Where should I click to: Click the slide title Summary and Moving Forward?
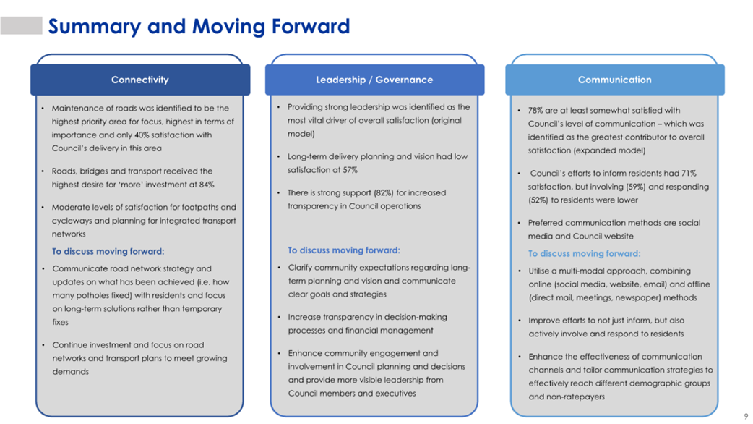pos(199,27)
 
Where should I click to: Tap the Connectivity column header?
pos(139,80)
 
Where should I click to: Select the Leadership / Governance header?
pos(374,80)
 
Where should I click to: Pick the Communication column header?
pos(615,80)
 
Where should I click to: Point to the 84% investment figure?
pos(207,185)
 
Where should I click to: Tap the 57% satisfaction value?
pos(350,170)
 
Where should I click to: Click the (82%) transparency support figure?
pos(384,192)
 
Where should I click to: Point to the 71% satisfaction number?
pos(689,174)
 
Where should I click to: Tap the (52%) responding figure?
pos(538,200)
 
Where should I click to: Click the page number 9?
pos(746,416)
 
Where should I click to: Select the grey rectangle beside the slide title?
pos(21,25)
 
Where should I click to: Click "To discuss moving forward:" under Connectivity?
pos(108,251)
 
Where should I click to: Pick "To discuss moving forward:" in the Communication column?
pos(585,254)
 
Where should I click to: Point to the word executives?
pos(396,394)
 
